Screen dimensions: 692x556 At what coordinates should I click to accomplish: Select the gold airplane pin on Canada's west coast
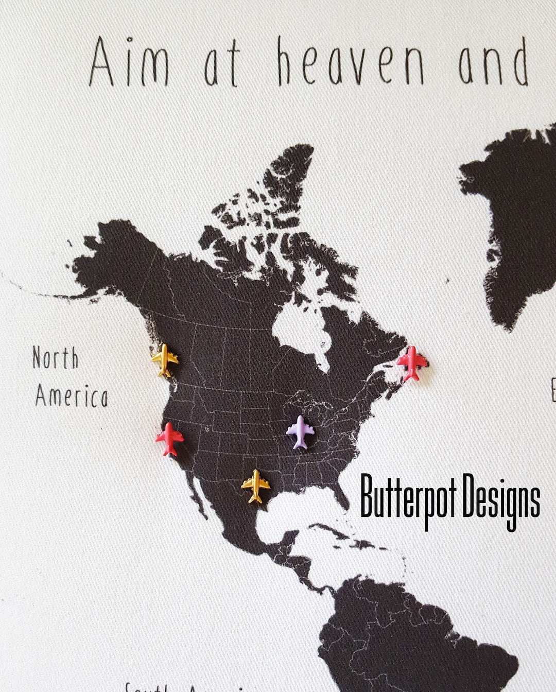[x=165, y=360]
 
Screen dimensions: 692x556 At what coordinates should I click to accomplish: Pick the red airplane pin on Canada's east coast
[x=412, y=363]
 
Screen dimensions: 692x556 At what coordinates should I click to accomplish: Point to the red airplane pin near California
[x=169, y=438]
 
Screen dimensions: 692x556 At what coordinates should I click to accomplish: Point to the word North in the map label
[x=56, y=358]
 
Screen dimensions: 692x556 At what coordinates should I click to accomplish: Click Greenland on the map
[x=515, y=216]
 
